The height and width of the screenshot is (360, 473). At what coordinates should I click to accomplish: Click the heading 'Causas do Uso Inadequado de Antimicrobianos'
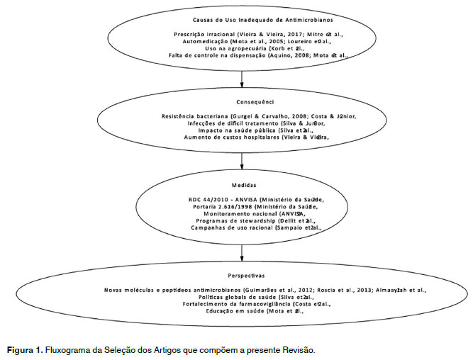pos(243,20)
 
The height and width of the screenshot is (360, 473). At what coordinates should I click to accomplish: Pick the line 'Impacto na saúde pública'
pos(243,130)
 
